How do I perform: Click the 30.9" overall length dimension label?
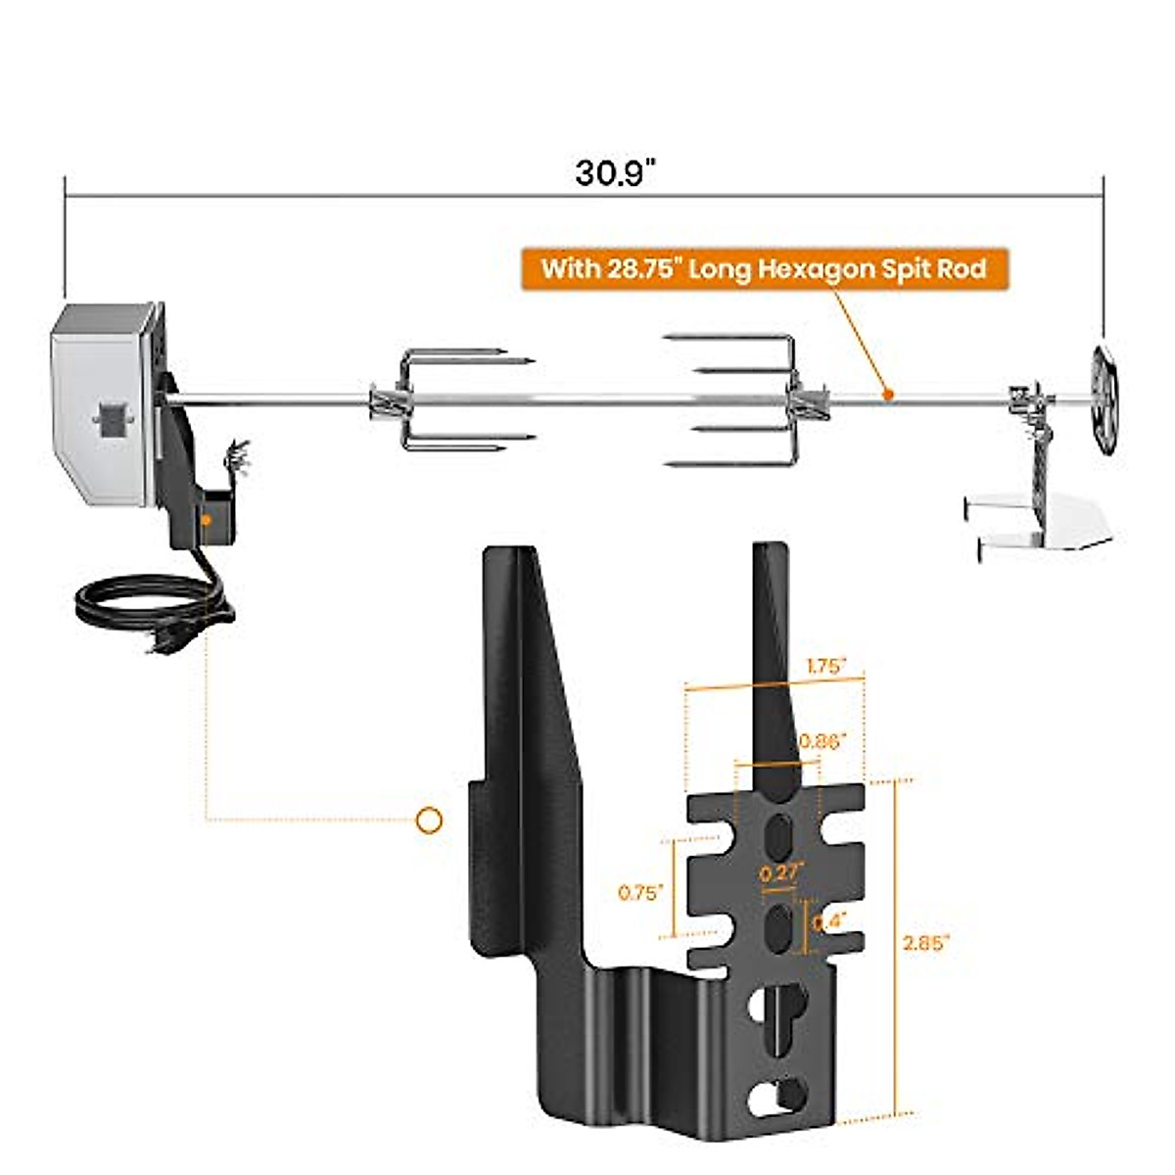[x=614, y=172]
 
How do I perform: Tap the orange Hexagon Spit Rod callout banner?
[x=764, y=268]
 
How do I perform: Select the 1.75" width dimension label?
[x=825, y=666]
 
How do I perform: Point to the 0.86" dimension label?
[x=821, y=741]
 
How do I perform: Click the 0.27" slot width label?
[x=781, y=872]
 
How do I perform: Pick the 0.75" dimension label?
[x=640, y=892]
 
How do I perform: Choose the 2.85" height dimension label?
[x=925, y=943]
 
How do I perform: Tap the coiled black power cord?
[x=147, y=607]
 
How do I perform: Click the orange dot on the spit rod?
[x=887, y=395]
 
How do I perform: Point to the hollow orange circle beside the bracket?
[x=429, y=821]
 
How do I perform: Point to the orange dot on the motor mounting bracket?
[x=207, y=520]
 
